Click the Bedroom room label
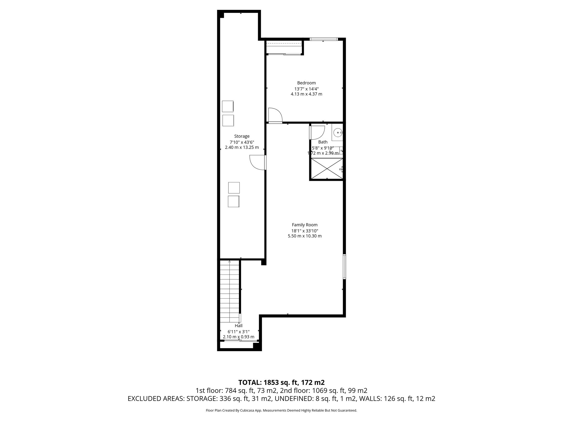coord(306,83)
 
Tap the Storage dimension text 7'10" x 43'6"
coord(242,142)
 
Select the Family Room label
coord(305,225)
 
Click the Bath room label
coord(323,142)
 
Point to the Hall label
coord(238,326)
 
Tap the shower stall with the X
coord(327,168)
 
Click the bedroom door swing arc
coord(276,115)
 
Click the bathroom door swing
coord(318,132)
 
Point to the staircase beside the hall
coord(230,291)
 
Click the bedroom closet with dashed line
coord(284,47)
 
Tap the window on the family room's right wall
coord(344,267)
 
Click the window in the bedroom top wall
coord(323,39)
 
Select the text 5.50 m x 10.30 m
coord(305,236)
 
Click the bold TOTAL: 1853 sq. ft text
coord(281,382)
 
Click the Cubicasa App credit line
coord(281,410)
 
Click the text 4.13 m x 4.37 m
coord(306,94)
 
